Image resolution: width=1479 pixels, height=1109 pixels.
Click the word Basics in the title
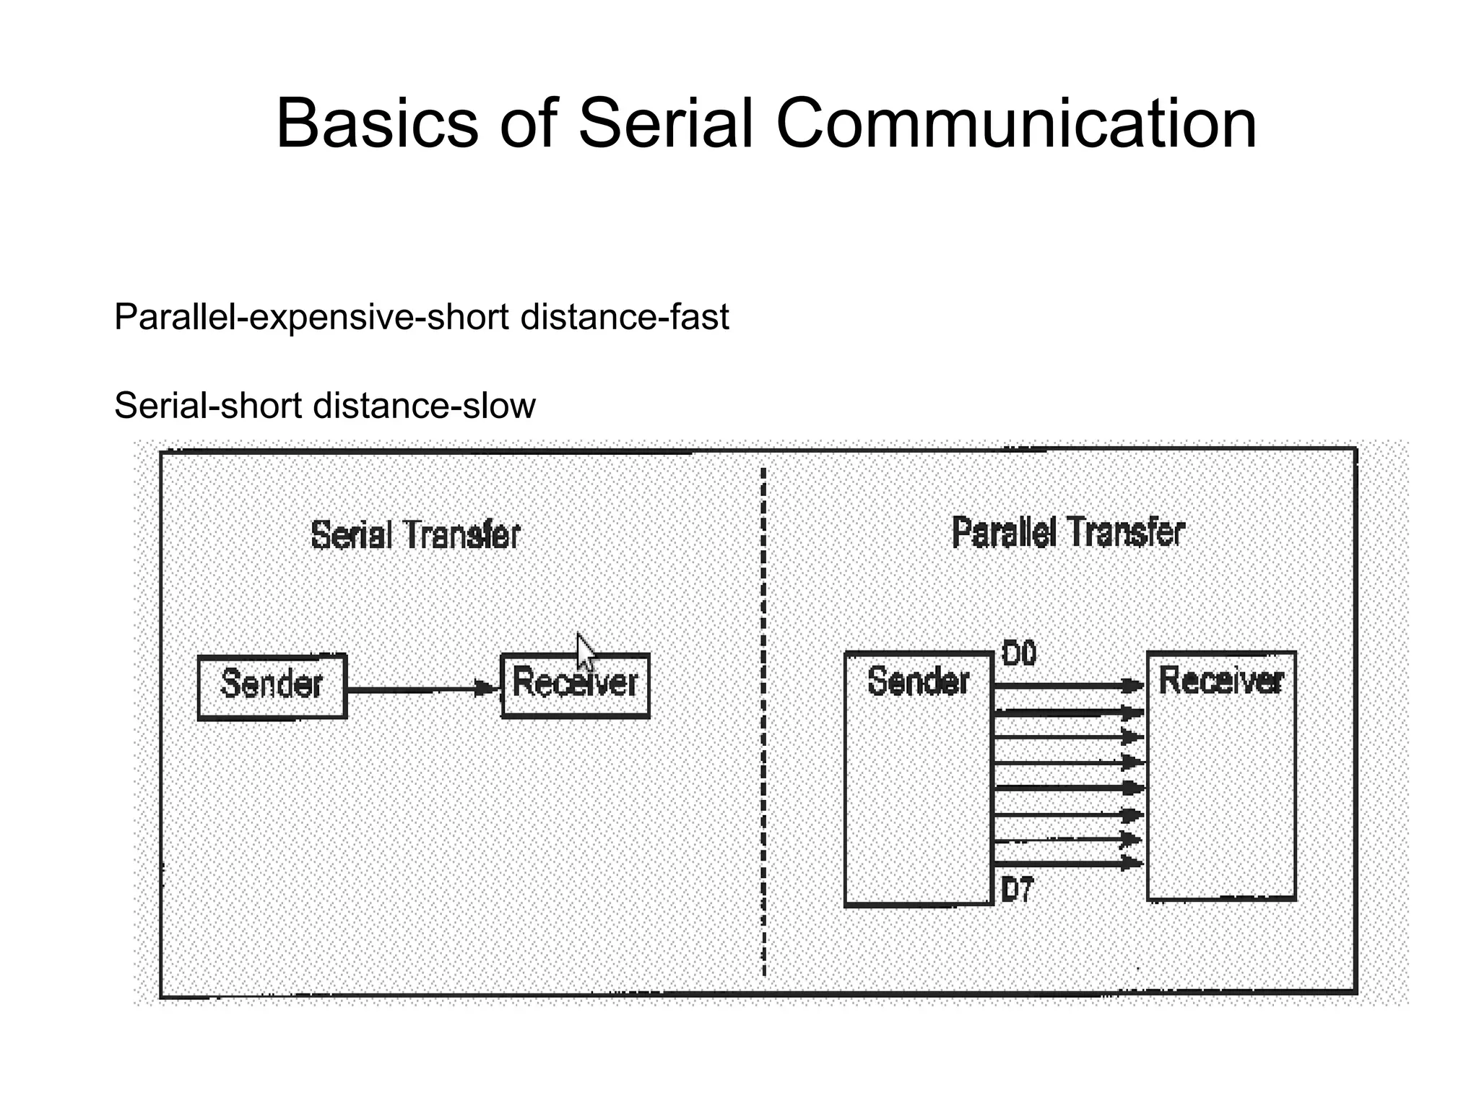click(377, 124)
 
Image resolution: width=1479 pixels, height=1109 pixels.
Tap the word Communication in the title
click(1016, 124)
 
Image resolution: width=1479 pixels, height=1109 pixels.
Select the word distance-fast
click(624, 316)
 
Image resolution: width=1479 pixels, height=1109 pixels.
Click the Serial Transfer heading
click(415, 535)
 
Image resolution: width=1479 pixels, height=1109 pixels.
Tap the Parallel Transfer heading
click(1068, 532)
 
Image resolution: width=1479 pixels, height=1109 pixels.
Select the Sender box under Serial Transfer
click(272, 686)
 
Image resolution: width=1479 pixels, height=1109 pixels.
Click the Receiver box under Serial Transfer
click(576, 686)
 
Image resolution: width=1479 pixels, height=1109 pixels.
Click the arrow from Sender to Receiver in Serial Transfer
click(422, 690)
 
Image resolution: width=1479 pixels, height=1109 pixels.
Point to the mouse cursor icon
click(586, 651)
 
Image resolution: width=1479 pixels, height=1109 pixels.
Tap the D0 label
click(1019, 654)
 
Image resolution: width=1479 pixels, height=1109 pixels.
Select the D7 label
click(1018, 890)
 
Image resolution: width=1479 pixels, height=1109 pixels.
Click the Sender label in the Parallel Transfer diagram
click(918, 682)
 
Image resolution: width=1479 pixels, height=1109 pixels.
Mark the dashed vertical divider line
click(764, 722)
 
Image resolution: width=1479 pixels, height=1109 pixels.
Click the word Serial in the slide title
click(667, 124)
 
